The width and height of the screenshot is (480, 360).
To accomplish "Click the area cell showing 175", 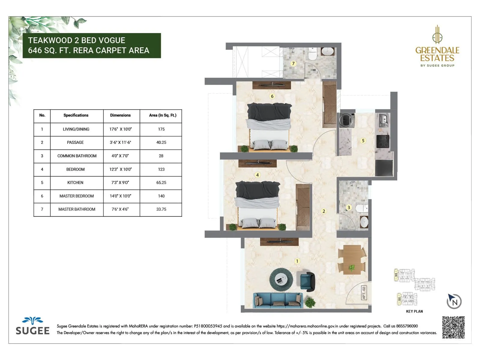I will pos(161,129).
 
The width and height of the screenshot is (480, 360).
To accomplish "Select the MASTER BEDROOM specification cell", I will pos(76,196).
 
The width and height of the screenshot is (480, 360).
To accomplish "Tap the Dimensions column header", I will pos(120,115).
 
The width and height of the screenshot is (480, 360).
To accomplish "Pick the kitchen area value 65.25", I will pos(161,183).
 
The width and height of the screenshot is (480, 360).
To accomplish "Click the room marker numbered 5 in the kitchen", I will pos(363,140).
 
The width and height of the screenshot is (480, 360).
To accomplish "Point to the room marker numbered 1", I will pos(297,261).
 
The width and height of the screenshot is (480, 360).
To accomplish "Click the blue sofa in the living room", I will pos(278,300).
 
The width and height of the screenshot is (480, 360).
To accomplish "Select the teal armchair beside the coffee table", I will pos(307,281).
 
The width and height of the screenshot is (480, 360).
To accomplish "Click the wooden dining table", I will pos(352,259).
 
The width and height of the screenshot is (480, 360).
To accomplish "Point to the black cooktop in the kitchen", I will pos(383,141).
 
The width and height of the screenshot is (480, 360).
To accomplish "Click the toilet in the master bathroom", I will pos(313,55).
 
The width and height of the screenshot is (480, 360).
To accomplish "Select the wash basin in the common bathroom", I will pos(364,222).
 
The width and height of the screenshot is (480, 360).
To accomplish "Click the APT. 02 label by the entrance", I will pos(364,293).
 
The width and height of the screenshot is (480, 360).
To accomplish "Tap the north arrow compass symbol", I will pos(454,301).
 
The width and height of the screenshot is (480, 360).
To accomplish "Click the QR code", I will pos(453,327).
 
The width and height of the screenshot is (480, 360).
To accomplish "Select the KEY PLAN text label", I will pos(414,311).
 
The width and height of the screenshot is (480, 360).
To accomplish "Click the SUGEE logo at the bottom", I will pos(32,326).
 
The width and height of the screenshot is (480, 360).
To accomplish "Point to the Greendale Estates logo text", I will pos(437,54).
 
